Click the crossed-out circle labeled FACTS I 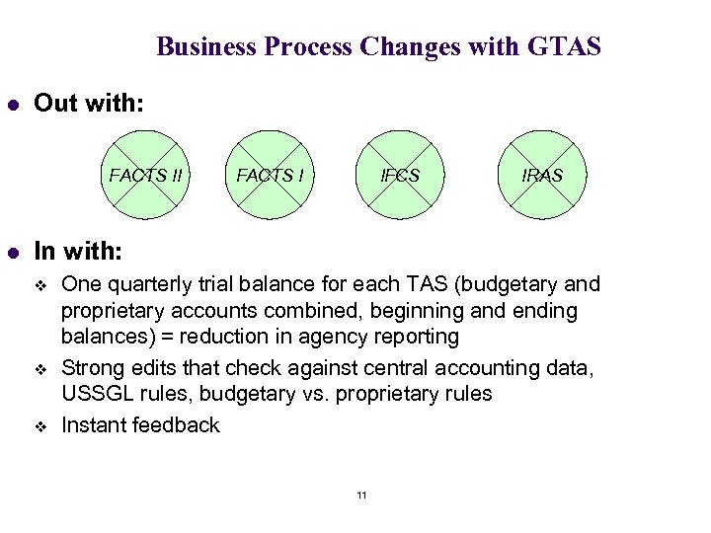click(x=270, y=176)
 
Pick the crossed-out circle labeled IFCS click(x=401, y=176)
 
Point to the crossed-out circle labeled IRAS click(x=542, y=176)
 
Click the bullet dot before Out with click(x=13, y=103)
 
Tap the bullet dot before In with click(x=13, y=253)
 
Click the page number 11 click(x=361, y=495)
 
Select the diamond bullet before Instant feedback click(x=42, y=425)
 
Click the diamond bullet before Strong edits click(x=42, y=370)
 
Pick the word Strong click(x=90, y=369)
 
